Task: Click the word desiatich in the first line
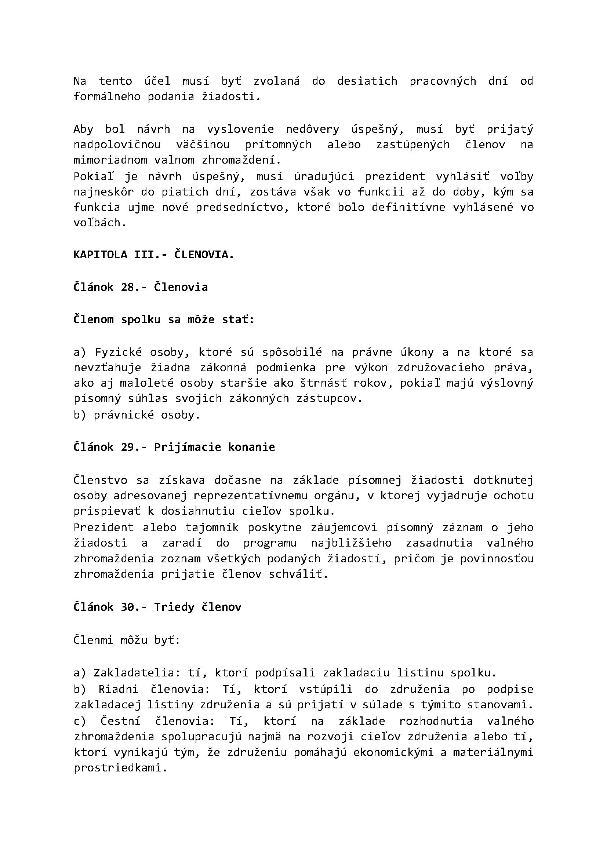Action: click(x=367, y=81)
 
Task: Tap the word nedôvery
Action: click(x=312, y=129)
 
